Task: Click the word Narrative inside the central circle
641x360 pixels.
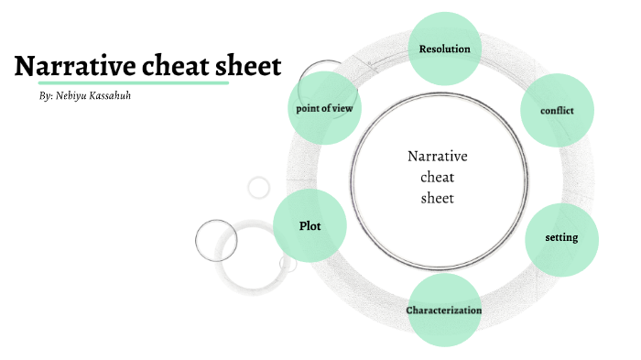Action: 438,156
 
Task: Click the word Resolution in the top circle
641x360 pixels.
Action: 444,49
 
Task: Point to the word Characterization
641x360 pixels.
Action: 444,311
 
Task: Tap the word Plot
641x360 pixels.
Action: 310,226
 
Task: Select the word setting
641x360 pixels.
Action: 561,237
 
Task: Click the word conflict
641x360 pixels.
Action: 558,110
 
